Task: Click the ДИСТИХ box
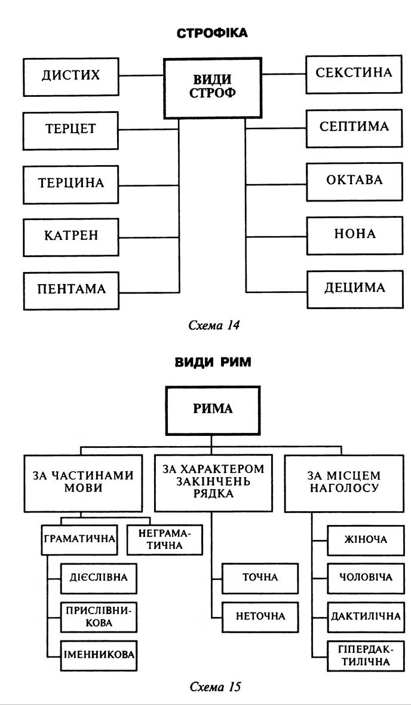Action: coord(70,75)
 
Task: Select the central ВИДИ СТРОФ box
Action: coord(213,87)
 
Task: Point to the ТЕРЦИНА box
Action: coord(70,183)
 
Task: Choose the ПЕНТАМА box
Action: coord(71,289)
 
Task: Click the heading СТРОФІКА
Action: coord(212,33)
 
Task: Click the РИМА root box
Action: coord(213,410)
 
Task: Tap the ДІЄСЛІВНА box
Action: coord(98,578)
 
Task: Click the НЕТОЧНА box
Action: coord(260,615)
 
